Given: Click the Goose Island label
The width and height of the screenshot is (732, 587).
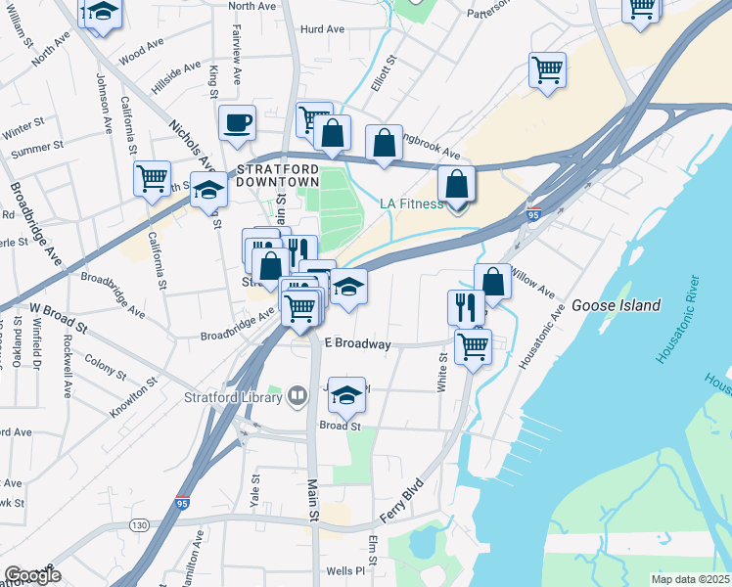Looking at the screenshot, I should pyautogui.click(x=618, y=304).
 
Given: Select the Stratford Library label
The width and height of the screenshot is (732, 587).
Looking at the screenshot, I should pyautogui.click(x=234, y=397).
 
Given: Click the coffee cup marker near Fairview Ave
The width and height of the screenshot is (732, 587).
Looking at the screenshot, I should pyautogui.click(x=237, y=123).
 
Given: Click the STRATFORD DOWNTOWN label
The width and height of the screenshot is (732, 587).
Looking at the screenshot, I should pyautogui.click(x=278, y=175).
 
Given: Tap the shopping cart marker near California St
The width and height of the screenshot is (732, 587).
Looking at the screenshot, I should pyautogui.click(x=153, y=179).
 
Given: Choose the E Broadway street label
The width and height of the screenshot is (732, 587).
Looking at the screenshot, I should pyautogui.click(x=357, y=344).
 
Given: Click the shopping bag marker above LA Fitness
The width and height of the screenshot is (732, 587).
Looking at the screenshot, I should pyautogui.click(x=456, y=184).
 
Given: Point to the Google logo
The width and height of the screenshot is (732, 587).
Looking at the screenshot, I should pyautogui.click(x=31, y=575).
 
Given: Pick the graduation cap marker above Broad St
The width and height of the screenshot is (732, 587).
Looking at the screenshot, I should pyautogui.click(x=346, y=395).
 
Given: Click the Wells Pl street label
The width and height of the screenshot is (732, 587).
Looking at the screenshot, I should pyautogui.click(x=344, y=570).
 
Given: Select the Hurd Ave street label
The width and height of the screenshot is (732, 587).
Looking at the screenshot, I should pyautogui.click(x=322, y=30).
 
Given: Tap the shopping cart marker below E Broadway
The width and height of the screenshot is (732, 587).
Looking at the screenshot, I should pyautogui.click(x=474, y=344).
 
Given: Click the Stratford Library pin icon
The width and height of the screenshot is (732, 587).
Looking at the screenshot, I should pyautogui.click(x=297, y=396).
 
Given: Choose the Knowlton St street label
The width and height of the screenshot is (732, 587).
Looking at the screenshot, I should pyautogui.click(x=134, y=401).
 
